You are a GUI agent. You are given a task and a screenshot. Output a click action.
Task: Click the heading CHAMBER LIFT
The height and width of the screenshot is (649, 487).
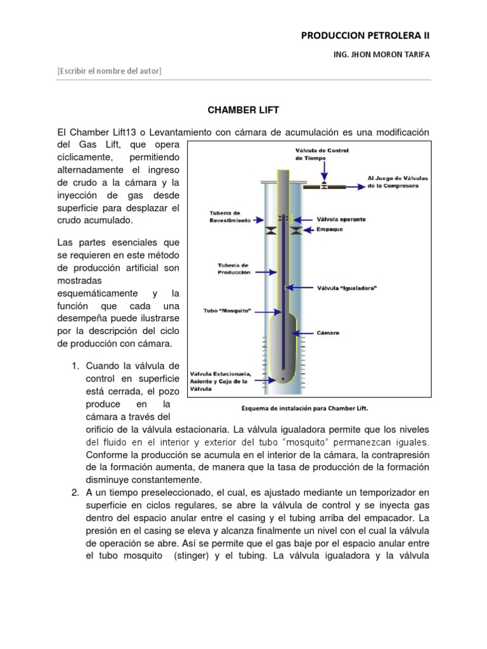click(243, 110)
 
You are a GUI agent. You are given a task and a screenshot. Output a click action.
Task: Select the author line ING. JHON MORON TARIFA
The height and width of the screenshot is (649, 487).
click(380, 55)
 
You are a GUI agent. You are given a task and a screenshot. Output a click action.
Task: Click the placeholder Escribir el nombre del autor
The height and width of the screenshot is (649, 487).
click(109, 71)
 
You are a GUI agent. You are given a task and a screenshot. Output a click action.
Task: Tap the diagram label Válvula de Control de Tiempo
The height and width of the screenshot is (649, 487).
click(323, 154)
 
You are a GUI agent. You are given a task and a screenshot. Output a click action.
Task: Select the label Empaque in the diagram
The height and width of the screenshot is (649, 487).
click(329, 229)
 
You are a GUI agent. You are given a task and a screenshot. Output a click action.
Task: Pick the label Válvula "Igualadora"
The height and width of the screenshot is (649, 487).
click(347, 287)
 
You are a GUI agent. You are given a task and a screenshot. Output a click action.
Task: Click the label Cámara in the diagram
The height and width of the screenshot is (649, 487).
click(328, 331)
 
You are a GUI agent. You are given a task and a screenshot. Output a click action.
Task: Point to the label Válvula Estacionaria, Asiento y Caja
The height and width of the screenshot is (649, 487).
click(225, 380)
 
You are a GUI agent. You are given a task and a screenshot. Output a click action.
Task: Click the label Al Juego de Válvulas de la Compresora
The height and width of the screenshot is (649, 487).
click(398, 182)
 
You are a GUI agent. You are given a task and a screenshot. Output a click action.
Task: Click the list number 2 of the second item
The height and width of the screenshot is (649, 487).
click(75, 492)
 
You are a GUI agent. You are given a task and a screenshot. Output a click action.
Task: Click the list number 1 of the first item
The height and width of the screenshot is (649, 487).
click(75, 366)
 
